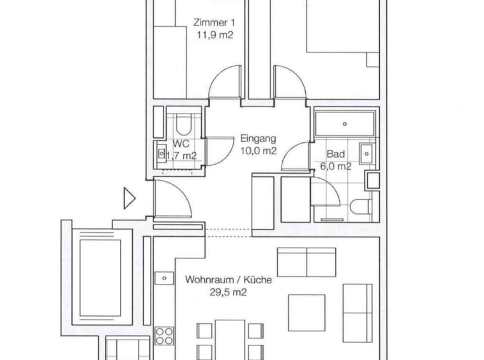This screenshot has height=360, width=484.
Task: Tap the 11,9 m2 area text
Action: pyautogui.click(x=213, y=36)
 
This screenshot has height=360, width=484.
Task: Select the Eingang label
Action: pyautogui.click(x=258, y=139)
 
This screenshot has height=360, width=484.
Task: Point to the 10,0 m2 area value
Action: pyautogui.click(x=258, y=151)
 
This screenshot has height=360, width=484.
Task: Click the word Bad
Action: pyautogui.click(x=336, y=154)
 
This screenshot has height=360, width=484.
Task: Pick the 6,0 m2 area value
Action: pyautogui.click(x=336, y=167)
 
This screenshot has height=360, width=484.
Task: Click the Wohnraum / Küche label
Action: pyautogui.click(x=229, y=280)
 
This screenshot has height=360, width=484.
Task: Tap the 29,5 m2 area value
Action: pyautogui.click(x=229, y=292)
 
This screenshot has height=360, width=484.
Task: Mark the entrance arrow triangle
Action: pyautogui.click(x=130, y=199)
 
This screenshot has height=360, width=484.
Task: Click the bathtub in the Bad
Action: pyautogui.click(x=344, y=124)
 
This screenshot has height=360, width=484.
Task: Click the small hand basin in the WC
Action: pyautogui.click(x=161, y=153)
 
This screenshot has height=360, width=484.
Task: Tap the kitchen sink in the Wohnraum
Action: pyautogui.click(x=164, y=278)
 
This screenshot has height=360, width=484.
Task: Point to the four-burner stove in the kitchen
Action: pyautogui.click(x=164, y=336)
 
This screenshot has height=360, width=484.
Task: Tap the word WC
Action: pyautogui.click(x=180, y=144)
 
